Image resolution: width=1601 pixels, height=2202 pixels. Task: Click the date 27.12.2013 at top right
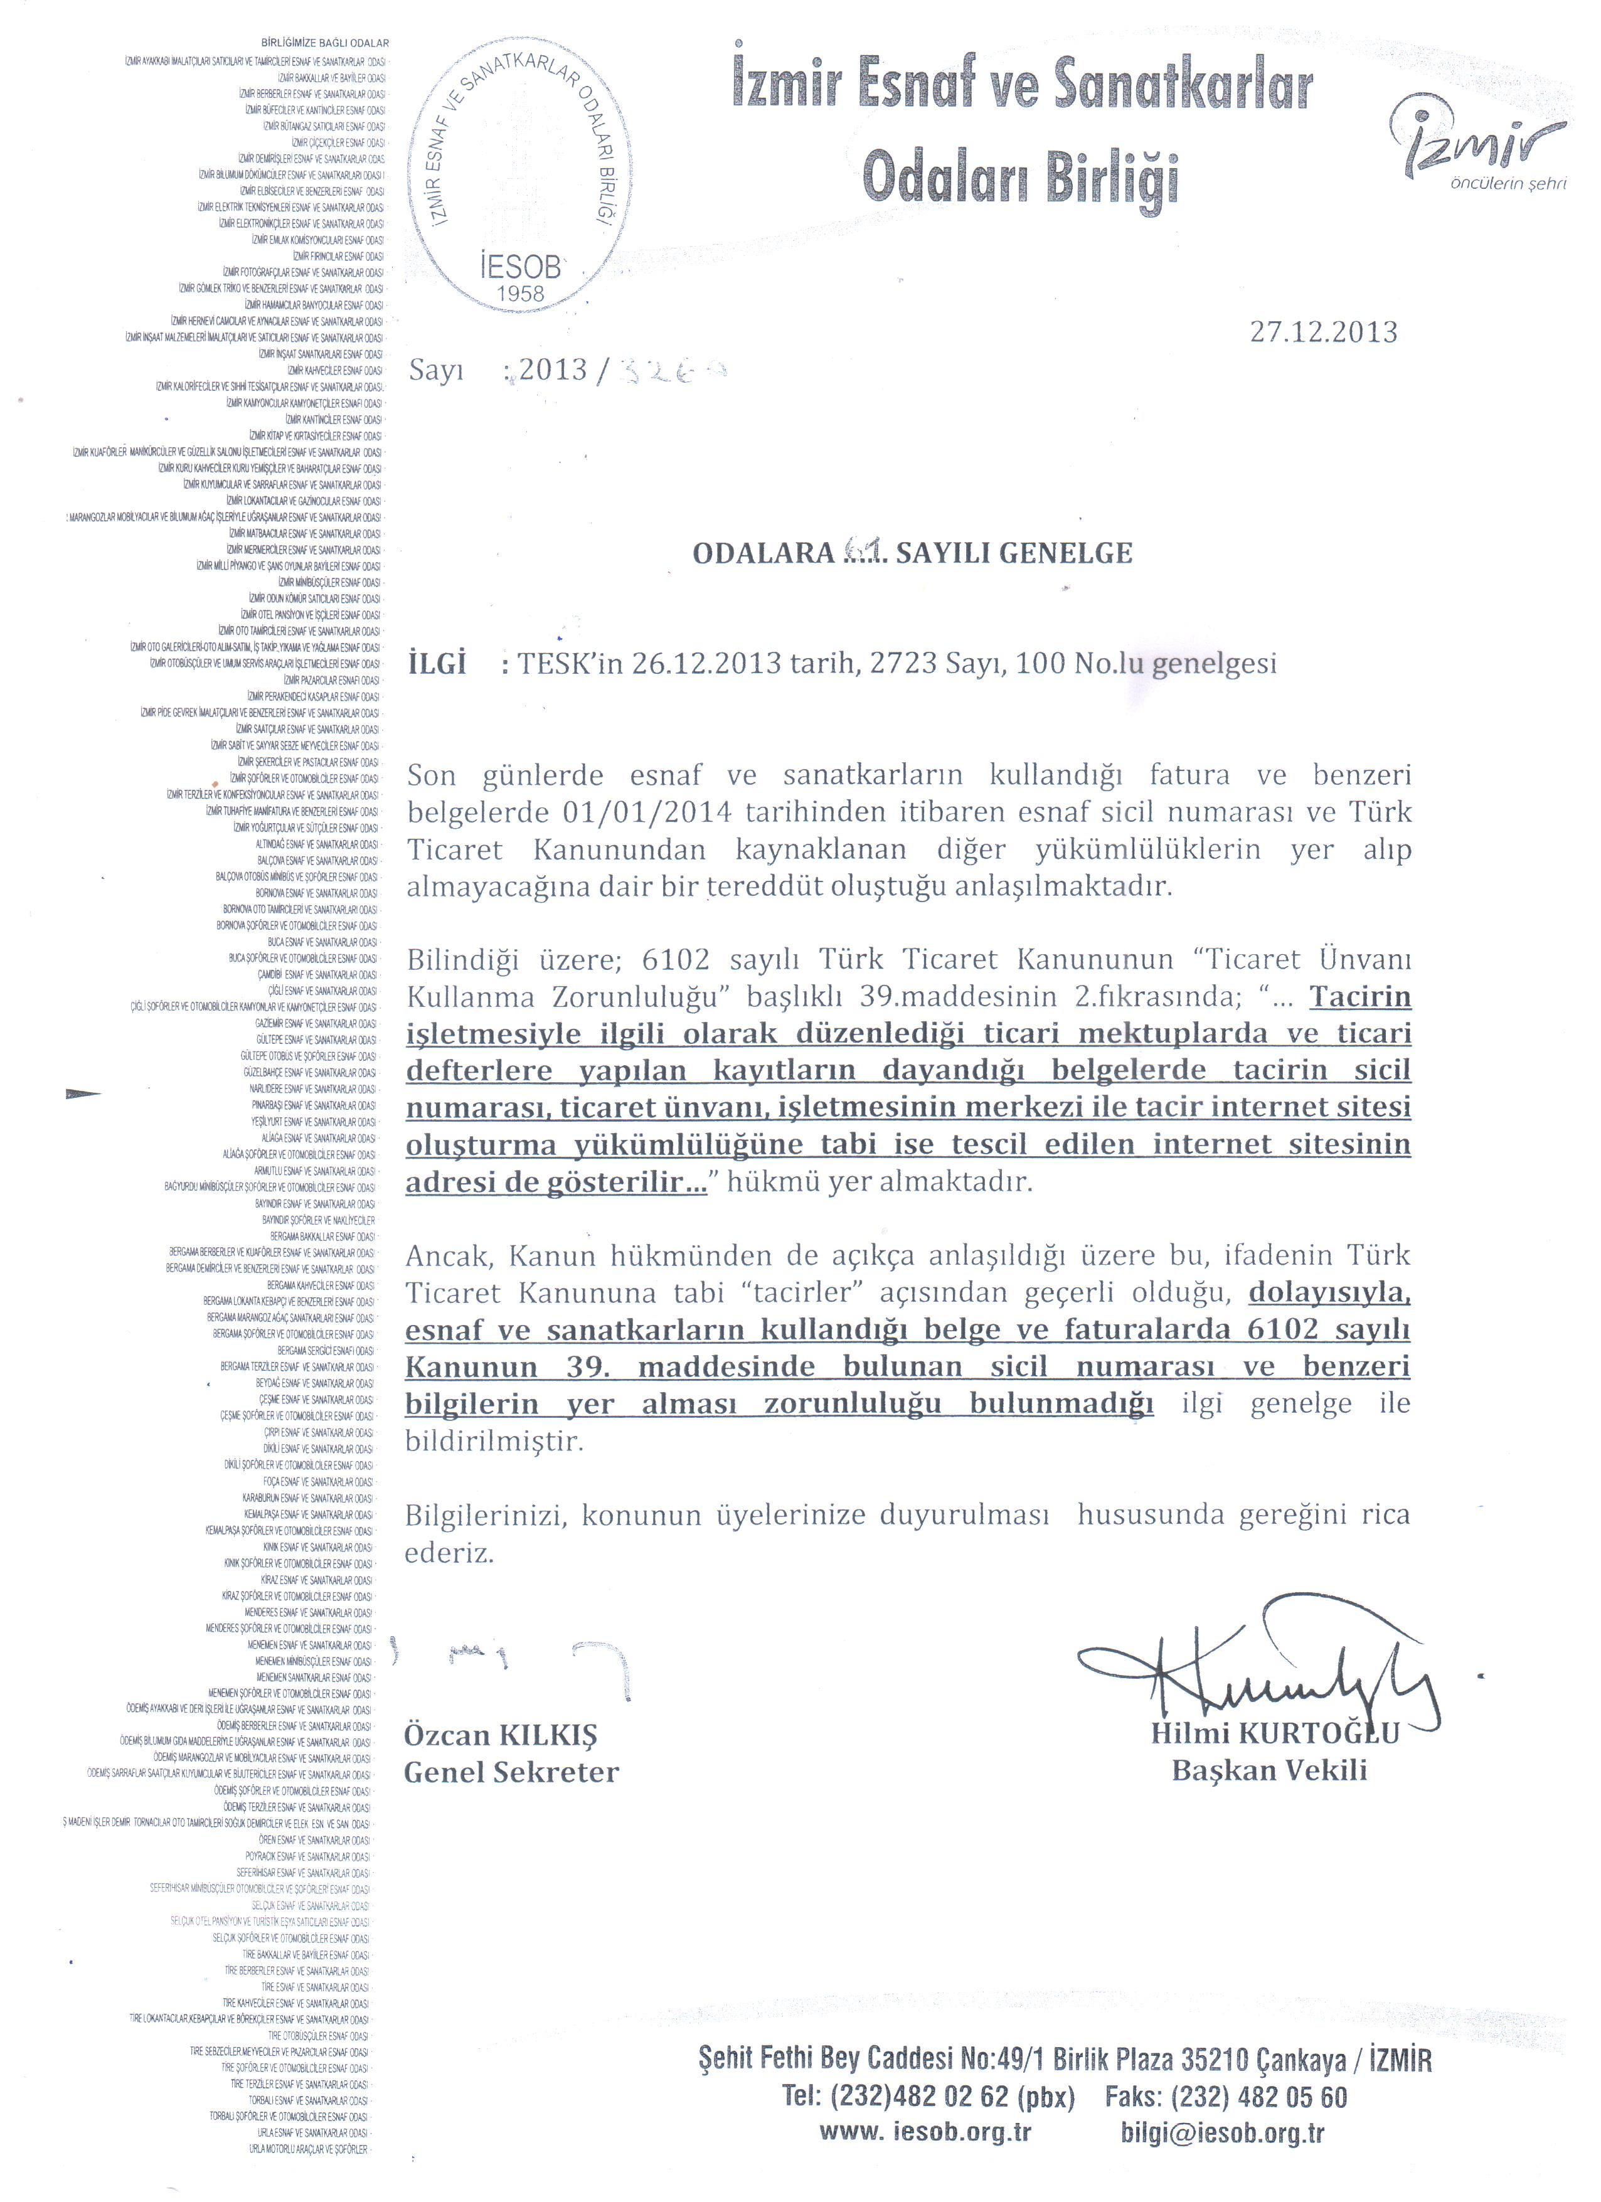click(1323, 333)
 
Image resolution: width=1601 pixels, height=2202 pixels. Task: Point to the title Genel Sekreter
click(511, 1773)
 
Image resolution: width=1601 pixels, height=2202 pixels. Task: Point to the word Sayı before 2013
click(437, 371)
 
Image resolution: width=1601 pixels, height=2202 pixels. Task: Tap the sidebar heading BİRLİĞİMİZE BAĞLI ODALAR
click(325, 43)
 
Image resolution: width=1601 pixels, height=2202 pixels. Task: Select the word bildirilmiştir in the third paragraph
click(494, 1441)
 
